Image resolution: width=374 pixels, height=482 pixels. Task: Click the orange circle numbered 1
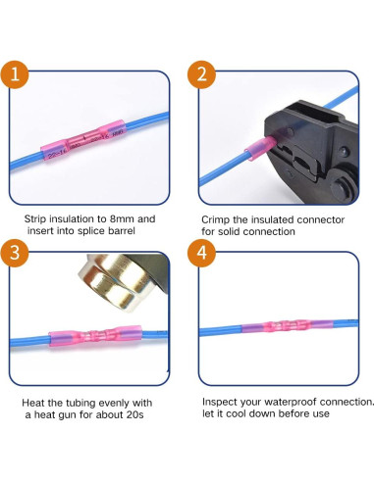click(x=15, y=73)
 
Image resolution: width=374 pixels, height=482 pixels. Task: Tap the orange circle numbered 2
click(x=201, y=73)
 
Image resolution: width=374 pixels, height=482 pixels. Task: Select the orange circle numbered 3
click(x=15, y=254)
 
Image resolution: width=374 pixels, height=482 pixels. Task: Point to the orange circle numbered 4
click(x=201, y=254)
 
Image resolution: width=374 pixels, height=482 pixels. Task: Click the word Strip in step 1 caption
click(x=37, y=219)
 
